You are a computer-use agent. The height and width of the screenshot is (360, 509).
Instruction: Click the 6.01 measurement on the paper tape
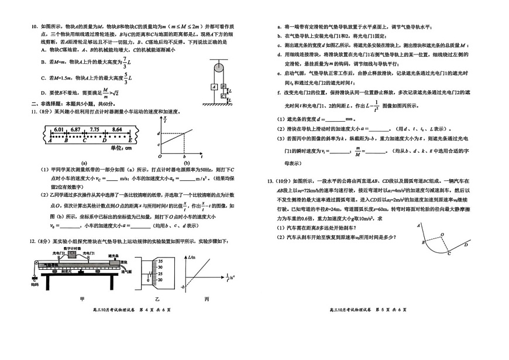(59, 129)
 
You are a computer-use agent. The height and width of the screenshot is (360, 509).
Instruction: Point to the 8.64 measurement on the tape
(117, 129)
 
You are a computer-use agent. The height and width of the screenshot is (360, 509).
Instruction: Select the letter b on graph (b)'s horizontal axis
(184, 157)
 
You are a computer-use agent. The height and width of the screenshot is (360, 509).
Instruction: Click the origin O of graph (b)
(160, 157)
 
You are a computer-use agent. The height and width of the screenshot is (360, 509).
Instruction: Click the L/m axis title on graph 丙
(193, 257)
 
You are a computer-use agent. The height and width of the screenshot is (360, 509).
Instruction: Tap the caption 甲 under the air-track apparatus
(82, 299)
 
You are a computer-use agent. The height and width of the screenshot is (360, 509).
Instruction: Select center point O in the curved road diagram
(443, 234)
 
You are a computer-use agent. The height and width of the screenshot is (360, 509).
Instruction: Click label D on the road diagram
(466, 244)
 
